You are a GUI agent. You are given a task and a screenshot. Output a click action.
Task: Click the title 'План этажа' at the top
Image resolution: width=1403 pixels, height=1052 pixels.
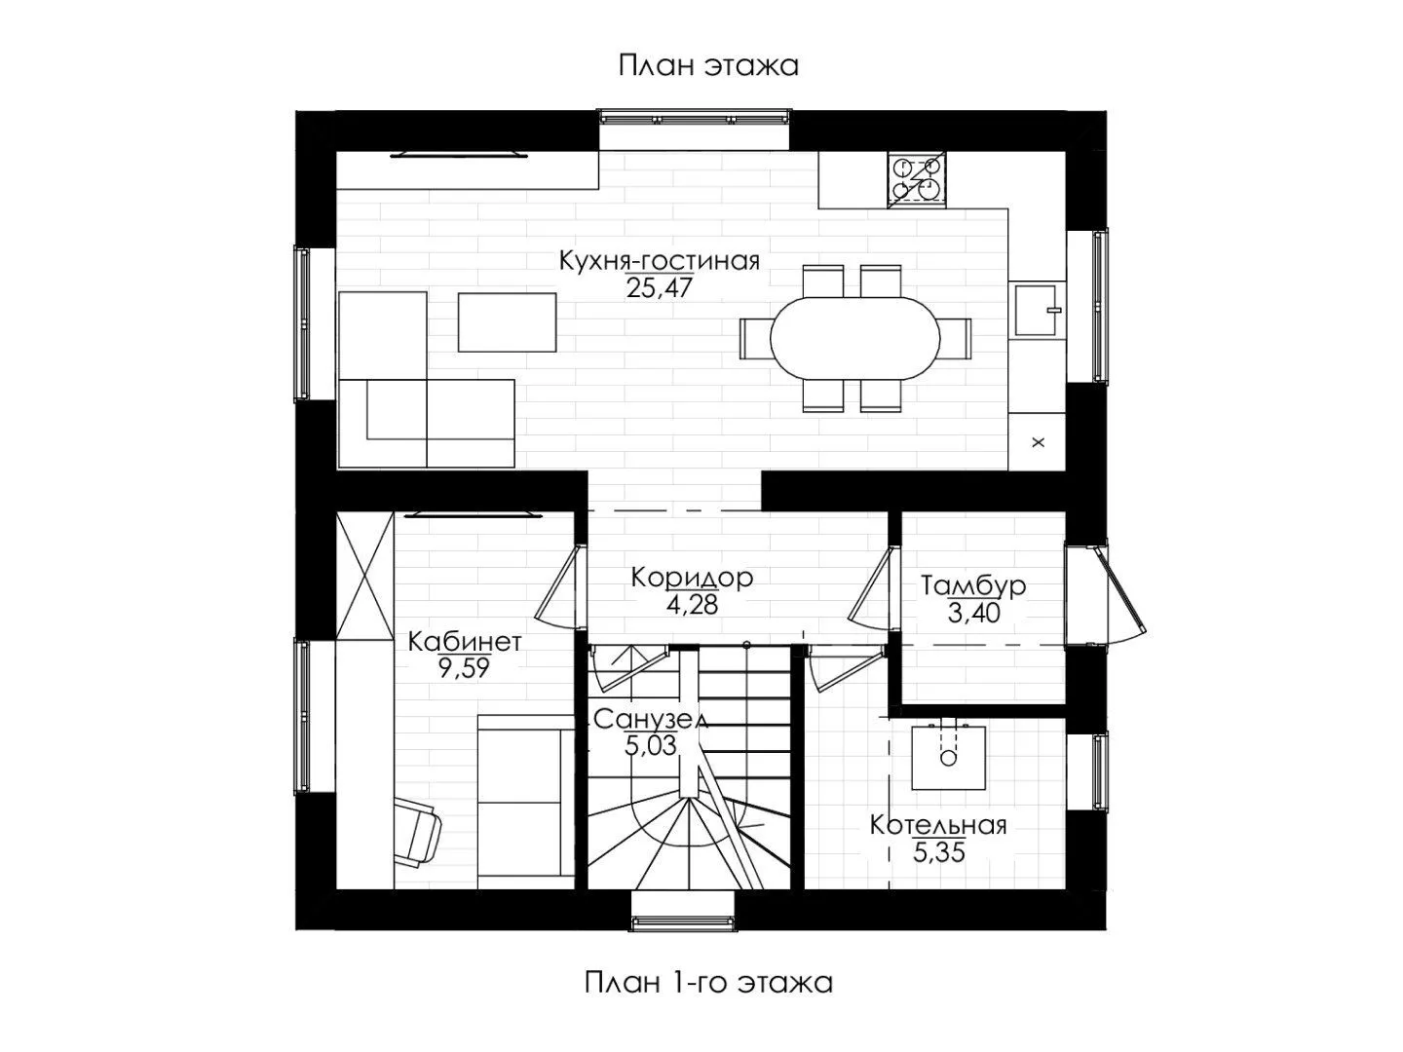tap(708, 66)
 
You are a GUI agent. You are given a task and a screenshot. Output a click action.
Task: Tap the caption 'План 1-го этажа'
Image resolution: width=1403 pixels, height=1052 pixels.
tap(708, 1000)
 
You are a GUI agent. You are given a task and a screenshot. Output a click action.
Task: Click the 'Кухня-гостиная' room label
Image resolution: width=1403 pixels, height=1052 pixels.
tap(659, 261)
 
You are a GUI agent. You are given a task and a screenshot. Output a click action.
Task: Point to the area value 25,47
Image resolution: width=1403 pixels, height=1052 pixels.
tap(659, 288)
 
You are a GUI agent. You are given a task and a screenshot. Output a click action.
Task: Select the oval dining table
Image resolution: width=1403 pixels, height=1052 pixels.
tap(854, 339)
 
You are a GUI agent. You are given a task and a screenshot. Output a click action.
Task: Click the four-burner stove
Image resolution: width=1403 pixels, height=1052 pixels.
tap(916, 179)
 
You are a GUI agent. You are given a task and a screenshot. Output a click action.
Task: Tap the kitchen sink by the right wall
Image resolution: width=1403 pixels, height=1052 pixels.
tap(1036, 311)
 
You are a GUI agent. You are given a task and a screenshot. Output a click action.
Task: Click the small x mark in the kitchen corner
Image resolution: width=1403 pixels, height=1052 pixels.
tap(1038, 441)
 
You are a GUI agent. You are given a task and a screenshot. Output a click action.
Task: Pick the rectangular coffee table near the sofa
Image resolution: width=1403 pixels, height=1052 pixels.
tap(507, 321)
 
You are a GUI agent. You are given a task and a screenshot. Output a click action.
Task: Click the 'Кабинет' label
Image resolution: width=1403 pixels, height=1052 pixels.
tap(465, 641)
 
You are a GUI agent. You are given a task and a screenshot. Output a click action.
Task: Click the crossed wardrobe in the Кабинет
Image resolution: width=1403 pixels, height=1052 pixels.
tap(365, 575)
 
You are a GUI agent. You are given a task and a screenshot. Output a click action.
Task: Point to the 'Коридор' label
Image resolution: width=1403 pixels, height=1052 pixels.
tap(692, 578)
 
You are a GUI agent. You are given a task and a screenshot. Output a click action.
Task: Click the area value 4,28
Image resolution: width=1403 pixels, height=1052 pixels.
tap(692, 605)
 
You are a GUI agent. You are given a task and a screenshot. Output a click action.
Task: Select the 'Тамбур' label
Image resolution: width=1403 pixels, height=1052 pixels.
tap(972, 585)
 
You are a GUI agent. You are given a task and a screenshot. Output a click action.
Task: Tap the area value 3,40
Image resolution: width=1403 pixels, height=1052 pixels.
tap(972, 614)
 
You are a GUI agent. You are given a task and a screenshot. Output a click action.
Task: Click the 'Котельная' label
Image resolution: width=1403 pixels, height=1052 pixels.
tap(938, 825)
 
